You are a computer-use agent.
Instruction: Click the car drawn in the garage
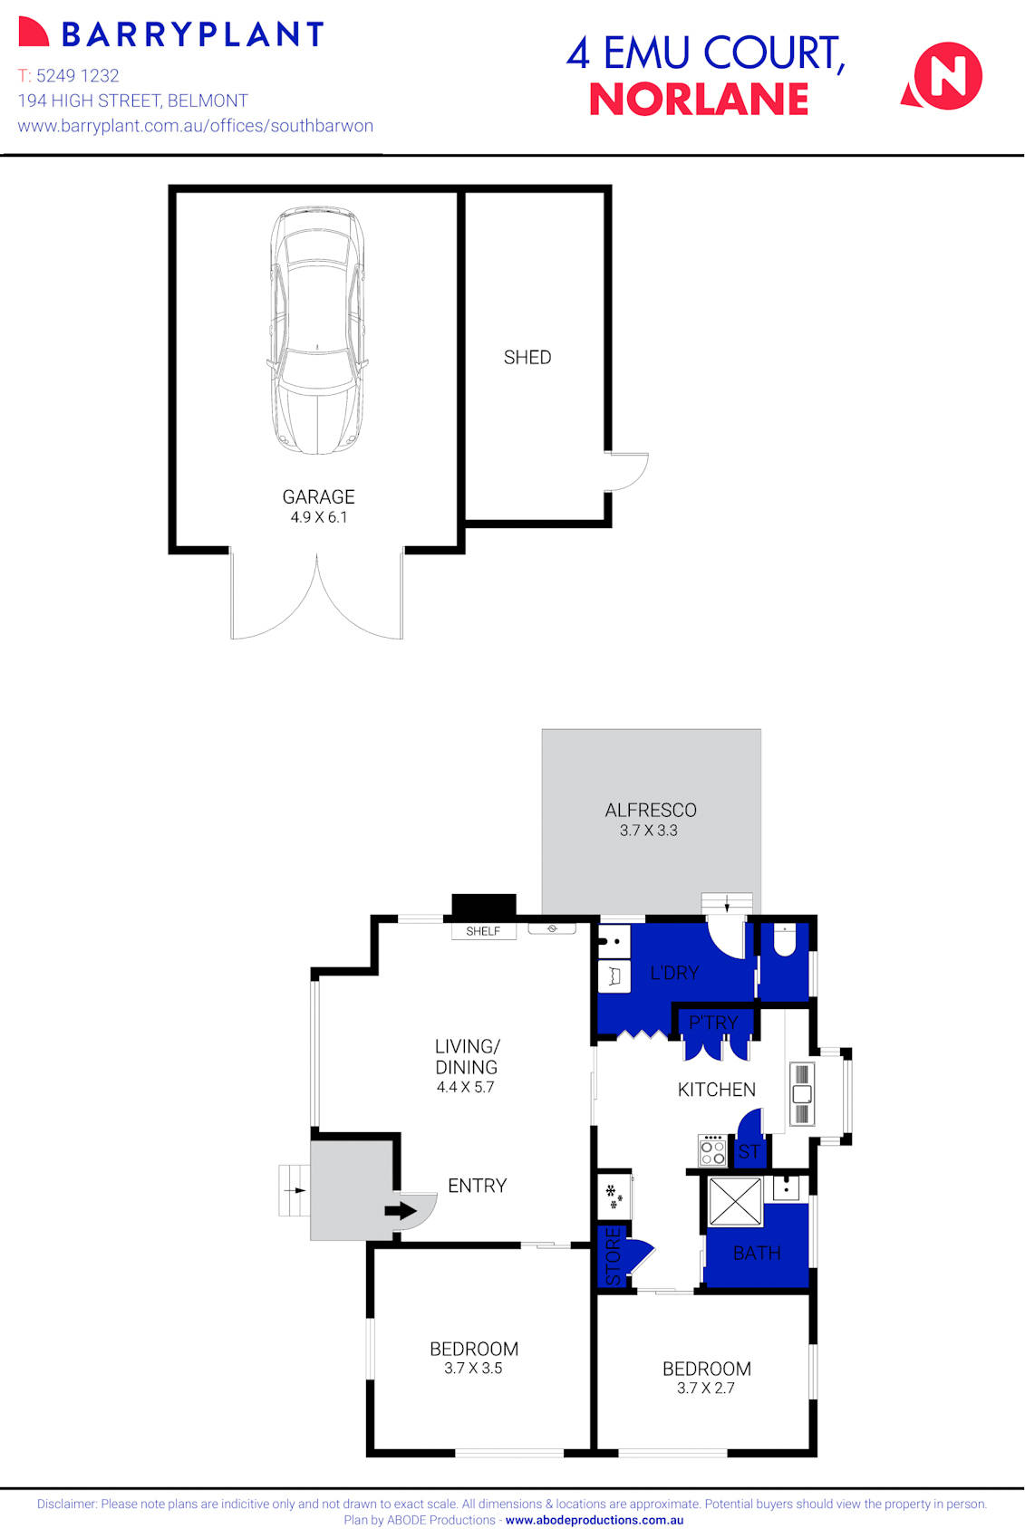(317, 331)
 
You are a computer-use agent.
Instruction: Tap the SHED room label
(527, 358)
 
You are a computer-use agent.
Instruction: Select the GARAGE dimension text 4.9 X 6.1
(319, 517)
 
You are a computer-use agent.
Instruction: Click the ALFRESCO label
(651, 810)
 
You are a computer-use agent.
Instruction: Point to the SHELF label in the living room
(483, 931)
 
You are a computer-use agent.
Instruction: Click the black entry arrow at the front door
(400, 1211)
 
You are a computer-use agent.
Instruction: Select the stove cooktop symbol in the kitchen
(712, 1151)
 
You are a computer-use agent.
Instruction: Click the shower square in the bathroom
(735, 1202)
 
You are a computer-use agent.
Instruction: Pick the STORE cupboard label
(614, 1256)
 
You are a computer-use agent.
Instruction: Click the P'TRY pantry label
(713, 1023)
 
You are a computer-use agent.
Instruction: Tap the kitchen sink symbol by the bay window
(802, 1093)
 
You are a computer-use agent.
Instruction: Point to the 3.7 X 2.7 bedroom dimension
(706, 1388)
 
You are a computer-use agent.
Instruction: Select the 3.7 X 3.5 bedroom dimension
(473, 1368)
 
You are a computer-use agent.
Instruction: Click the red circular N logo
(946, 76)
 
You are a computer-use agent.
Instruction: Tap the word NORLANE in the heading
(699, 100)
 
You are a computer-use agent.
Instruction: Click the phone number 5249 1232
(78, 76)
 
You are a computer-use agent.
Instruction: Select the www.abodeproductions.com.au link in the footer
(595, 1521)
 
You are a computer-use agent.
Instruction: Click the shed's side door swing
(628, 471)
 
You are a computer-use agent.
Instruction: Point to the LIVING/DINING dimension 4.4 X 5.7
(466, 1087)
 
